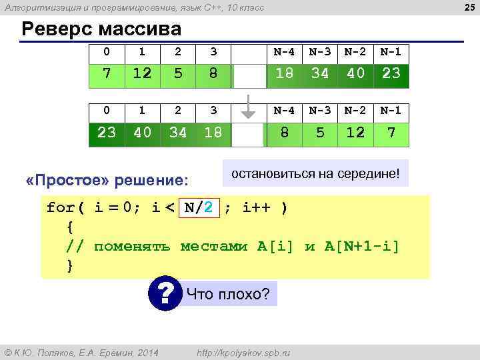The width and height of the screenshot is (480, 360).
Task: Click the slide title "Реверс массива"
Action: click(x=101, y=30)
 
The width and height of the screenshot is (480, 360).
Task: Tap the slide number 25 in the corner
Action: click(x=469, y=7)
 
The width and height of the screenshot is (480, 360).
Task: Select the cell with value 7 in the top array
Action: click(x=107, y=73)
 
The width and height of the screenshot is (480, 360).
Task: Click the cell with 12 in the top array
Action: click(x=141, y=73)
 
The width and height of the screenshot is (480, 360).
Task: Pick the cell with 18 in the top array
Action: click(x=285, y=73)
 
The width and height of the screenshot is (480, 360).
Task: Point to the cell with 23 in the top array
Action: click(x=391, y=73)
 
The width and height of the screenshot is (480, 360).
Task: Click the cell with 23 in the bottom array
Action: click(x=107, y=133)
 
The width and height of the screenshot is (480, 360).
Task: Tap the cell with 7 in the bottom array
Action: click(x=391, y=133)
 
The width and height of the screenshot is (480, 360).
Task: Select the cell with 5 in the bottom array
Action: click(x=320, y=133)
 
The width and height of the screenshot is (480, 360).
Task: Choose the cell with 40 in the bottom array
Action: click(x=141, y=133)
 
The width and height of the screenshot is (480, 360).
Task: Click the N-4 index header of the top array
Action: click(x=285, y=51)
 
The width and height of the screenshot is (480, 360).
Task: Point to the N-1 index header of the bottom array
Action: click(x=391, y=110)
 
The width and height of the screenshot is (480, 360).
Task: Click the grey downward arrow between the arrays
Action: click(x=249, y=107)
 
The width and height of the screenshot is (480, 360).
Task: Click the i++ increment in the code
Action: click(x=256, y=207)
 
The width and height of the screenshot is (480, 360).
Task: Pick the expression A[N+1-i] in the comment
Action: click(x=362, y=246)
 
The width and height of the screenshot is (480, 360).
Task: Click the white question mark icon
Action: click(x=165, y=293)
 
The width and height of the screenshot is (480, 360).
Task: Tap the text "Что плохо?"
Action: click(x=228, y=293)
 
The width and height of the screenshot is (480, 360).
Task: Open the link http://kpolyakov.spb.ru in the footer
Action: click(x=243, y=352)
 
